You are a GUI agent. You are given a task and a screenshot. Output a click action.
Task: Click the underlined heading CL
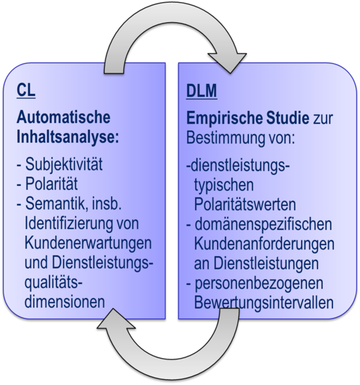click(x=26, y=90)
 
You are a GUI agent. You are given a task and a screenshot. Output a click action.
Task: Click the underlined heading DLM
click(x=201, y=91)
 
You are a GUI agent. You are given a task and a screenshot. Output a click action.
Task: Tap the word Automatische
click(x=64, y=117)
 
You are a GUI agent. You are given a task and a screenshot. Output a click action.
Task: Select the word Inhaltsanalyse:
click(x=68, y=137)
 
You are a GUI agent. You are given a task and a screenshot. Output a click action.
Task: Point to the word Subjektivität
click(x=64, y=164)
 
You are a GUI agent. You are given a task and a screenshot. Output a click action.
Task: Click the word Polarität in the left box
click(x=51, y=184)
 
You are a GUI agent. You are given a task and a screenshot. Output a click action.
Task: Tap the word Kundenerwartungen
click(x=88, y=244)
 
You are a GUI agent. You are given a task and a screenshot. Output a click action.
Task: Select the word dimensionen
click(x=65, y=302)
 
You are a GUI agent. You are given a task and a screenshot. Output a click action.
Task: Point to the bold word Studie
click(x=287, y=118)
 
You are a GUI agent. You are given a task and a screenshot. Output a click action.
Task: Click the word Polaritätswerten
click(x=245, y=204)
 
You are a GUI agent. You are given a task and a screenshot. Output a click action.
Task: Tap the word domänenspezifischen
click(x=263, y=225)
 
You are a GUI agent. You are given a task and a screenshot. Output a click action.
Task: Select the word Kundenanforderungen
click(x=264, y=244)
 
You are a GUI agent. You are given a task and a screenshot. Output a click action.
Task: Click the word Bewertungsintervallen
click(x=264, y=303)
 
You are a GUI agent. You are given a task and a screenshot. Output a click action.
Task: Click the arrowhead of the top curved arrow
click(x=228, y=62)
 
